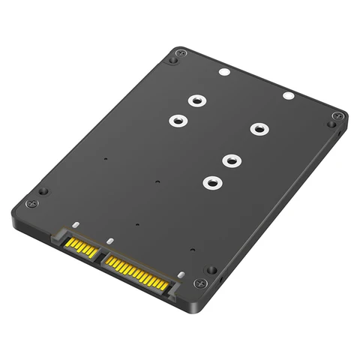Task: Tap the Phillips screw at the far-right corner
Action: click(337, 116)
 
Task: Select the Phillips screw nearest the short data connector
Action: click(31, 204)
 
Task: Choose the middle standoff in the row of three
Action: click(232, 159)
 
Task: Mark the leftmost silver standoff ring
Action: click(177, 119)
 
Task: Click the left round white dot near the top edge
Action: click(223, 74)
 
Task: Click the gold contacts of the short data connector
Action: click(78, 244)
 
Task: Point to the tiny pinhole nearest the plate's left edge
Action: click(106, 159)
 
